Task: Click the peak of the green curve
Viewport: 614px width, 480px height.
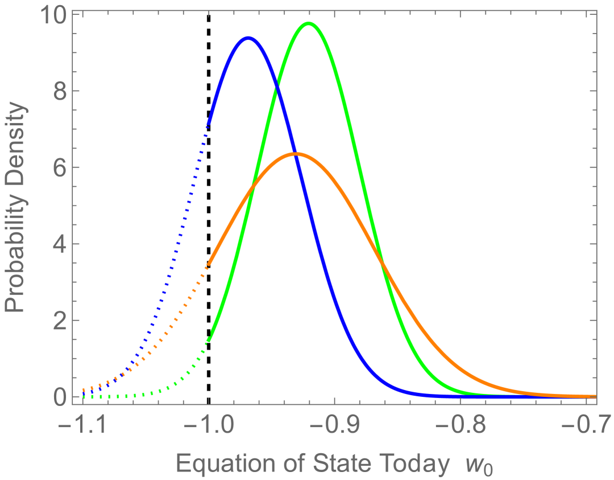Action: [x=309, y=24]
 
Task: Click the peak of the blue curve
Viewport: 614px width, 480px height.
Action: [x=248, y=38]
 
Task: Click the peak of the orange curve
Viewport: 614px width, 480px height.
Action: [x=296, y=154]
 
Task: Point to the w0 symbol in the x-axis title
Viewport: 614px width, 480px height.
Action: [x=482, y=466]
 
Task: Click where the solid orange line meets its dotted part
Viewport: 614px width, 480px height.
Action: [x=209, y=264]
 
